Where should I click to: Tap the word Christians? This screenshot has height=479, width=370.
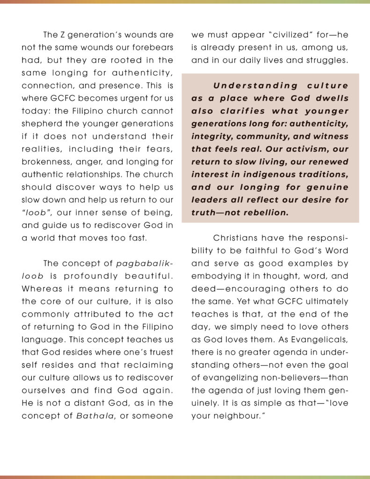click(237, 238)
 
